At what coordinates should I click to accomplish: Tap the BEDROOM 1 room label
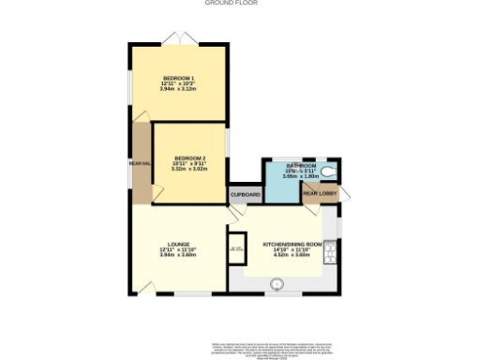coord(178,77)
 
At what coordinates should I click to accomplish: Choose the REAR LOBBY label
coord(320,194)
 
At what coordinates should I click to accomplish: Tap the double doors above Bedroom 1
coord(178,38)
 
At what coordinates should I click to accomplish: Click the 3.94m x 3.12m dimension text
coord(178,89)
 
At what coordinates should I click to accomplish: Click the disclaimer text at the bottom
coord(240,349)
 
